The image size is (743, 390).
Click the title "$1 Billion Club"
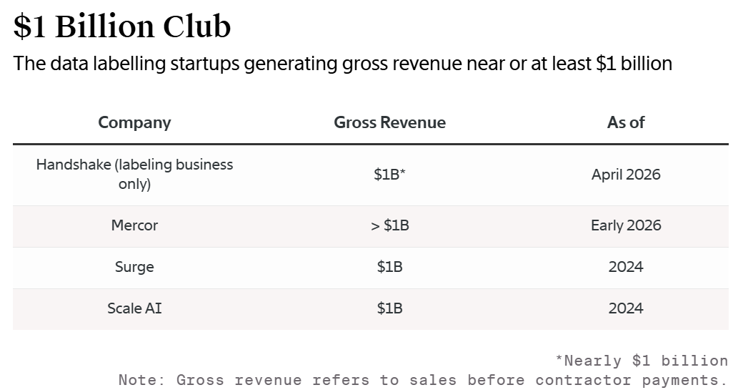pos(121,26)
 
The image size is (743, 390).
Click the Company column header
pos(134,122)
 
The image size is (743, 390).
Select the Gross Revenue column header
pos(389,122)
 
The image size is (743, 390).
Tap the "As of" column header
pos(626,122)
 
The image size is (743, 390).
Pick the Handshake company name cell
pos(134,174)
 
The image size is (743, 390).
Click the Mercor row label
pos(134,225)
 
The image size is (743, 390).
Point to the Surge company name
pos(134,267)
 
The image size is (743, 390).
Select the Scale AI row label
pos(134,308)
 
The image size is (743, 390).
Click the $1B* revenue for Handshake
pos(389,174)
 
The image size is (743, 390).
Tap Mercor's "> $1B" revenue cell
pos(389,225)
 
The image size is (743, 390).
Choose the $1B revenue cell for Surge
pos(389,267)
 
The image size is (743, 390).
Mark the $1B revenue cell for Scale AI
pos(389,308)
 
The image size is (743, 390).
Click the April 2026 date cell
pos(626,174)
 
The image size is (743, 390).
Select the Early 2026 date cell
pos(626,225)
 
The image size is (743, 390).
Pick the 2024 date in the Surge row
pos(626,267)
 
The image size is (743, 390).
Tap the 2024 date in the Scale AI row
pos(626,308)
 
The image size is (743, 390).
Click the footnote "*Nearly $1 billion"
pos(642,361)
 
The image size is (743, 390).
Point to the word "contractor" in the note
pos(583,380)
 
